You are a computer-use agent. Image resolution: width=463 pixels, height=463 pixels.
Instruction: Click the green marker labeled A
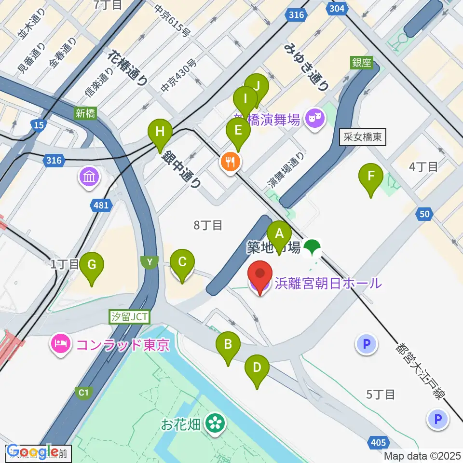point(279,234)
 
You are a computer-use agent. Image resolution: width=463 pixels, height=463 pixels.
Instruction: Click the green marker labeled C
point(182,262)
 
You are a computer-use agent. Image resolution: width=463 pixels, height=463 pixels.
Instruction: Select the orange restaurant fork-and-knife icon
point(230,162)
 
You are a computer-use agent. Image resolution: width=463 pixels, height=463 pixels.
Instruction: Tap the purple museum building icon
point(90,177)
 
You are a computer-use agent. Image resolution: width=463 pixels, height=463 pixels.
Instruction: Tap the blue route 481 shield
point(101,206)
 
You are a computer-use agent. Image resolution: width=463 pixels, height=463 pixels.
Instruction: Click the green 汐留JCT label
point(130,317)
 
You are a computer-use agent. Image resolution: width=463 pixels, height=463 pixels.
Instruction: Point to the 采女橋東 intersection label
point(363,137)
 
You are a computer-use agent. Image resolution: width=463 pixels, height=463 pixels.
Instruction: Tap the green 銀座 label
point(362,62)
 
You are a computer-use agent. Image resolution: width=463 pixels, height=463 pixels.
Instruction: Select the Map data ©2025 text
point(422,455)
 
